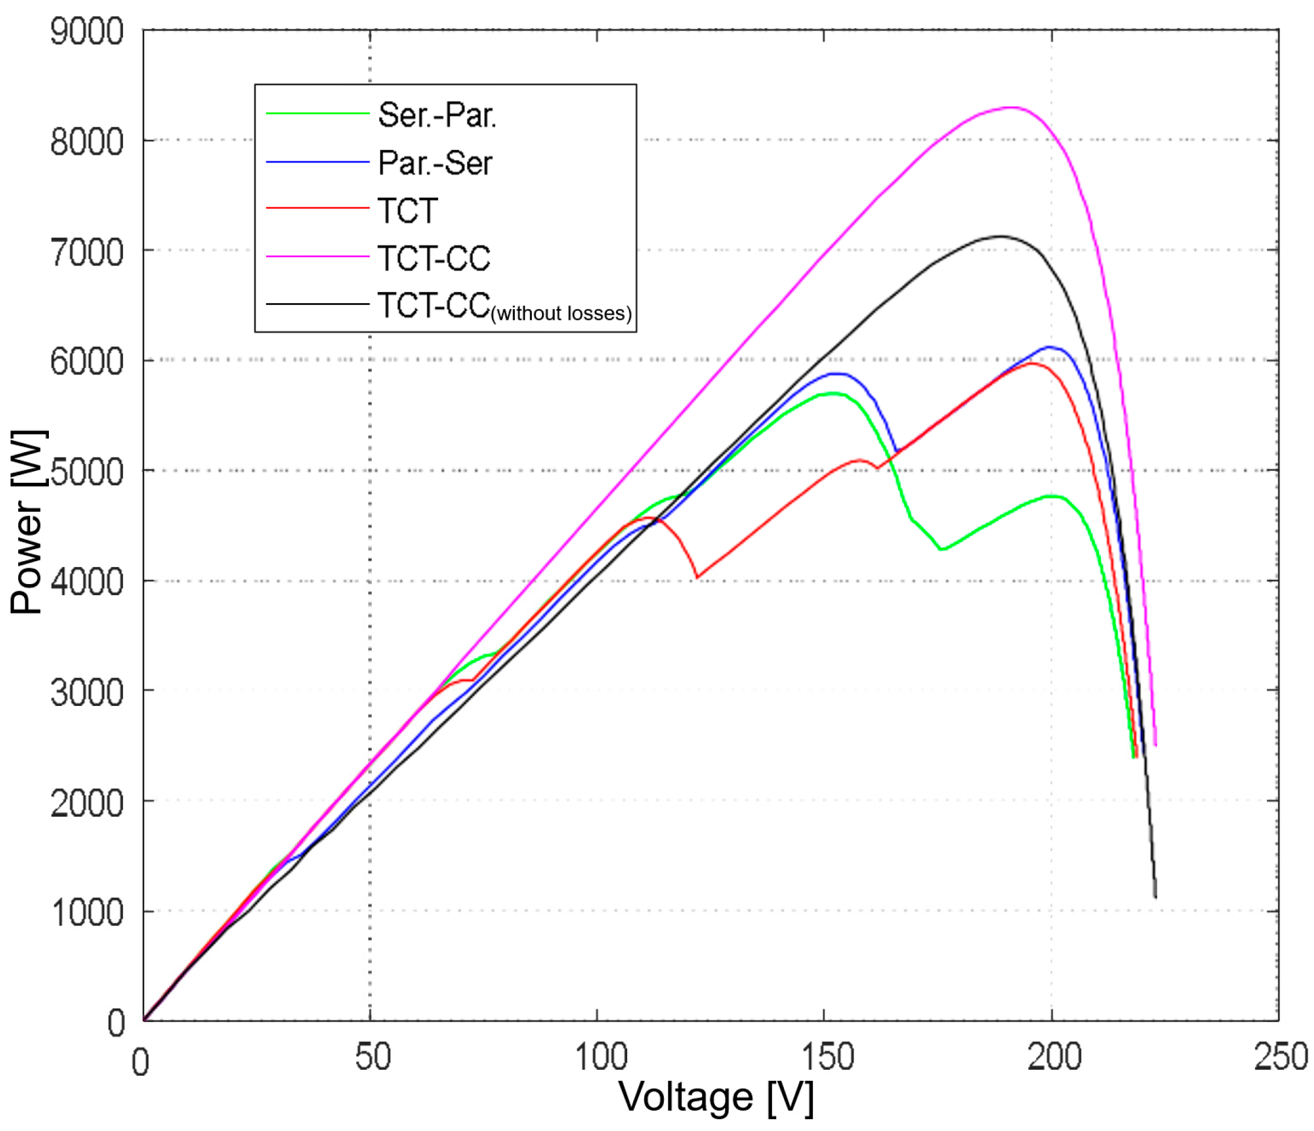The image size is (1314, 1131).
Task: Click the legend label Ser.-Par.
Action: pos(437,115)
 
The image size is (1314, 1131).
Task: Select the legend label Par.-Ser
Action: pos(435,163)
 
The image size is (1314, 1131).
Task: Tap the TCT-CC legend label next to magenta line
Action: pos(433,258)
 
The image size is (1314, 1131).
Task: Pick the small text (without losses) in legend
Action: pos(561,314)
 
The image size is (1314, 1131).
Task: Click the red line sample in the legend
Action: pos(317,208)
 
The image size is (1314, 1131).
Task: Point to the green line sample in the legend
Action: pos(317,114)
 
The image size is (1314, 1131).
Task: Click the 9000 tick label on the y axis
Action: pos(87,32)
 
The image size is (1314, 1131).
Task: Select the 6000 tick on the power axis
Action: pos(87,362)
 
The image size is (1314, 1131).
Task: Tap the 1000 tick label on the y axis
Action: pos(87,914)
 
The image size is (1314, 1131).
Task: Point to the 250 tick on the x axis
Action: pos(1281,1057)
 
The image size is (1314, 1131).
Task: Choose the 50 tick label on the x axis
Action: pos(372,1057)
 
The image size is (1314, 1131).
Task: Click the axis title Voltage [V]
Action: pos(716,1097)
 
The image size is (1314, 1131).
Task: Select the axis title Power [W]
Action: pos(27,522)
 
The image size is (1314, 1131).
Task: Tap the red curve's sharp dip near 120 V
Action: pos(697,577)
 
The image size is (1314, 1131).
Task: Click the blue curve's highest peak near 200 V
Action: pos(1050,347)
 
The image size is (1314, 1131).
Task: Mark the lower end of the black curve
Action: pos(1156,897)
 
